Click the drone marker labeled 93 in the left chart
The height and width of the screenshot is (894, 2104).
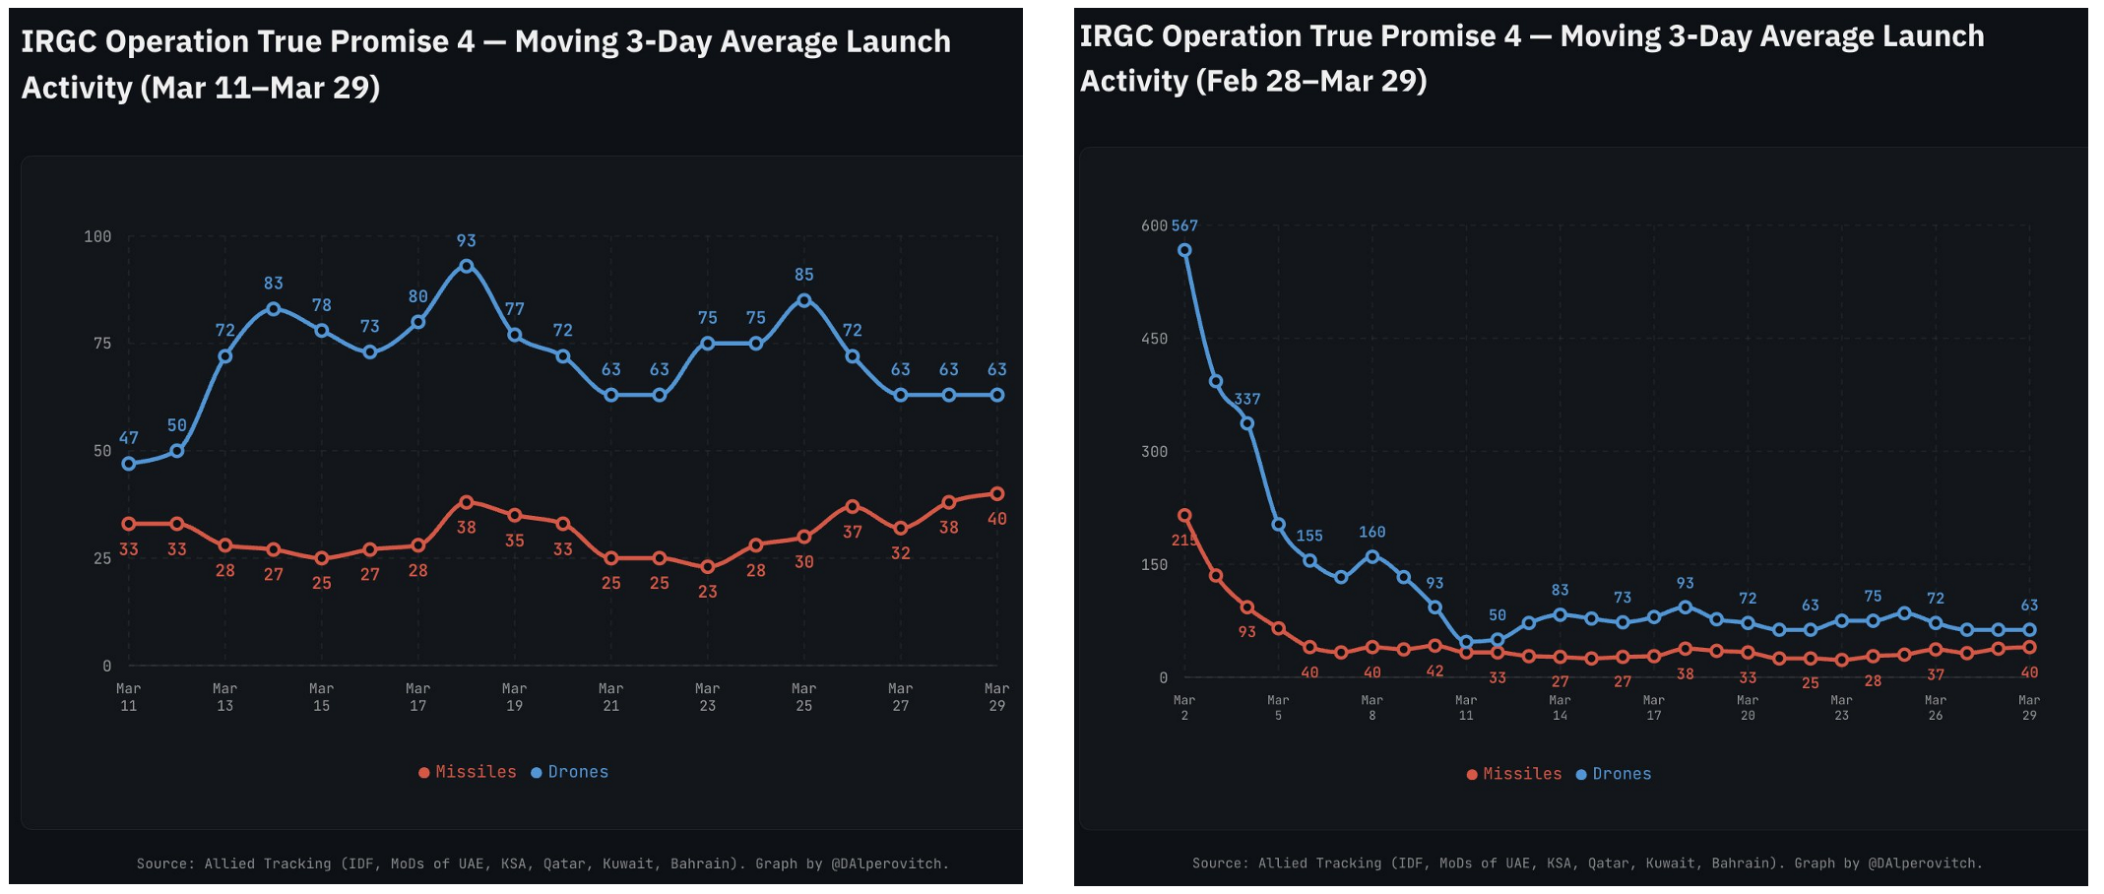pyautogui.click(x=467, y=266)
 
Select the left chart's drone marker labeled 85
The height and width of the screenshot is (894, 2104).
pyautogui.click(x=804, y=300)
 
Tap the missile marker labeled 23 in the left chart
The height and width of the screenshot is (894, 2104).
pyautogui.click(x=708, y=567)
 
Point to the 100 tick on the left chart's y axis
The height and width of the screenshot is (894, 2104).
pyautogui.click(x=97, y=236)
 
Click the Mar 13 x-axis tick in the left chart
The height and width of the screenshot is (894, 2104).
pyautogui.click(x=225, y=697)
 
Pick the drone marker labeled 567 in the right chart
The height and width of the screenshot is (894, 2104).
pyautogui.click(x=1184, y=250)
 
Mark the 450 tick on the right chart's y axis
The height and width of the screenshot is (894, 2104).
pyautogui.click(x=1154, y=339)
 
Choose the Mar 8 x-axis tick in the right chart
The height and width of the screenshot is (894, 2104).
pyautogui.click(x=1372, y=708)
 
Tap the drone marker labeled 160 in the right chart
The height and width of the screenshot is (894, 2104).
pyautogui.click(x=1372, y=556)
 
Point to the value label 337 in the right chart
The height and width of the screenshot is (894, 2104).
pyautogui.click(x=1247, y=399)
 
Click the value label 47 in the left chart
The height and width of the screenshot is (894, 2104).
pyautogui.click(x=129, y=438)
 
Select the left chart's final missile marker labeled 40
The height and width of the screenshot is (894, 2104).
pyautogui.click(x=997, y=493)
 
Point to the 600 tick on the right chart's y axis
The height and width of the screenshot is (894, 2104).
pyautogui.click(x=1154, y=225)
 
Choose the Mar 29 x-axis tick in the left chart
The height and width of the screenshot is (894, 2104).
pyautogui.click(x=997, y=697)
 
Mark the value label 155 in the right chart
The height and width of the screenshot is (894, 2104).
pyautogui.click(x=1309, y=536)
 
